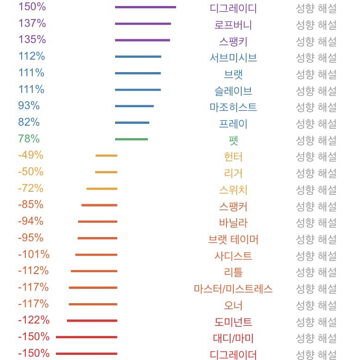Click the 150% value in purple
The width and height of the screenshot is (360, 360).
(x=32, y=6)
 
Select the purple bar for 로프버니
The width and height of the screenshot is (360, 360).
(x=143, y=24)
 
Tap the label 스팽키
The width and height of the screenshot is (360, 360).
(x=233, y=42)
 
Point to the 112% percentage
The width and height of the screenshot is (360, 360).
(x=32, y=56)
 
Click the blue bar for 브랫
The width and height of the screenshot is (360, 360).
(x=138, y=73)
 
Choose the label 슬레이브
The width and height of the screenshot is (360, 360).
(x=233, y=91)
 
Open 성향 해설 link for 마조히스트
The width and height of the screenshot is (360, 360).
(x=316, y=108)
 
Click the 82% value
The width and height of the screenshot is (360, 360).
(x=29, y=122)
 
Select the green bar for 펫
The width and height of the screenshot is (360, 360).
(x=131, y=139)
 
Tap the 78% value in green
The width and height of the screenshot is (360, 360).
(x=29, y=139)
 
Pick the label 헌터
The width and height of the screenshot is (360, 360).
(x=233, y=157)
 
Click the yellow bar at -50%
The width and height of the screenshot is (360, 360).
(x=106, y=172)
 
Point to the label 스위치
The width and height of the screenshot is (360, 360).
(x=233, y=190)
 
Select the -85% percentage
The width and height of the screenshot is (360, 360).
(x=31, y=205)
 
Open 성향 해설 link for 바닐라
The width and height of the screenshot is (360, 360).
(x=316, y=223)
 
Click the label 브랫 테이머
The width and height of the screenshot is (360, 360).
(x=233, y=239)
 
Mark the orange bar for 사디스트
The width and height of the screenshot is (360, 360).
(x=96, y=255)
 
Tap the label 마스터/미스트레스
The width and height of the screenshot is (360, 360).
(x=233, y=289)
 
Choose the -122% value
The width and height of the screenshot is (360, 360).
(x=34, y=320)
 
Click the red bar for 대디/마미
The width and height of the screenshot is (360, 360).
(x=86, y=337)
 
